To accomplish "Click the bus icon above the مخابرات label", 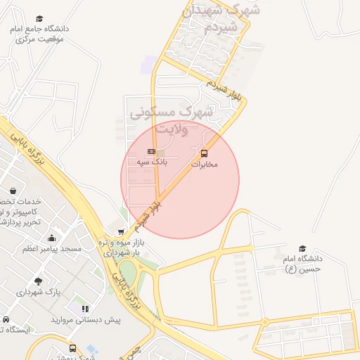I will [205, 153].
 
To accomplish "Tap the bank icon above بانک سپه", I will [151, 152].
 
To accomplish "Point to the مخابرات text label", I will [205, 164].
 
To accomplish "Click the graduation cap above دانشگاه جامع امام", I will [40, 18].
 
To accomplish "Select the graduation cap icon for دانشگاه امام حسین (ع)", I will [302, 248].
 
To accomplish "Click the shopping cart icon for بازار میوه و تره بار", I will [122, 231].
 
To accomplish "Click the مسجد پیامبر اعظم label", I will [52, 249].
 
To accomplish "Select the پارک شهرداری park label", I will [39, 292].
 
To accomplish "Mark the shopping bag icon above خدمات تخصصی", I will [13, 191].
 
